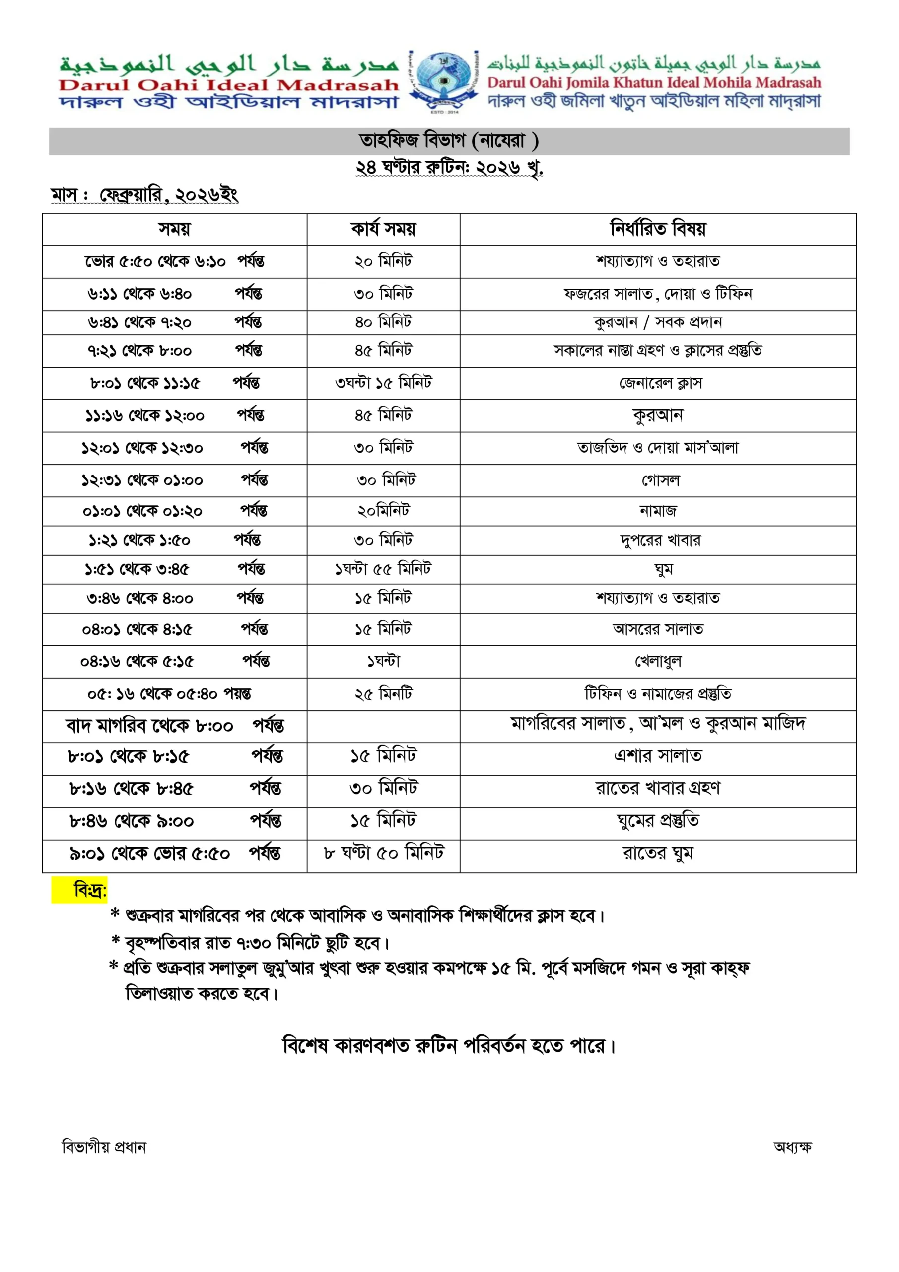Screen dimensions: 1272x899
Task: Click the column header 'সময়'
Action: click(174, 229)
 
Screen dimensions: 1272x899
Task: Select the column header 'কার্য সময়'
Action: click(383, 229)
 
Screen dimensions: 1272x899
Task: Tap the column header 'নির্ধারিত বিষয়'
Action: click(658, 229)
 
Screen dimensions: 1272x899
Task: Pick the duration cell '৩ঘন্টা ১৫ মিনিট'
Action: click(383, 383)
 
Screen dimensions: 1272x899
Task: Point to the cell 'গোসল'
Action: click(660, 480)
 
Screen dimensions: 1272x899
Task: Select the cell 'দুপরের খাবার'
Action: click(660, 540)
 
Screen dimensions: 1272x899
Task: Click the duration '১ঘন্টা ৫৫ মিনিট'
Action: click(383, 569)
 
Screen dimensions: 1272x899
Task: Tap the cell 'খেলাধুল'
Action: click(658, 661)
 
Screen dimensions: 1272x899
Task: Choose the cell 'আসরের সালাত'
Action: click(658, 630)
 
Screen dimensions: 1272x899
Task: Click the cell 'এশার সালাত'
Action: click(658, 756)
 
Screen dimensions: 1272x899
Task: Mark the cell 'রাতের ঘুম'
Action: click(658, 853)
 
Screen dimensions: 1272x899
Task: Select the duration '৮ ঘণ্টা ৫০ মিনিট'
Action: click(384, 853)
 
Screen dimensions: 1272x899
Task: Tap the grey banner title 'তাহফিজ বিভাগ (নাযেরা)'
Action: click(448, 141)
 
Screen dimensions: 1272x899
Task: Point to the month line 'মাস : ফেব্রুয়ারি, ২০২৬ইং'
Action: click(144, 195)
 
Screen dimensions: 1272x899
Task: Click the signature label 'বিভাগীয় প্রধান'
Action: click(104, 1147)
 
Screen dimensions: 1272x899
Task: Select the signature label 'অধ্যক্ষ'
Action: click(792, 1147)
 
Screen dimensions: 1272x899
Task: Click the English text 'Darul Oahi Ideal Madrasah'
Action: click(228, 85)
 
